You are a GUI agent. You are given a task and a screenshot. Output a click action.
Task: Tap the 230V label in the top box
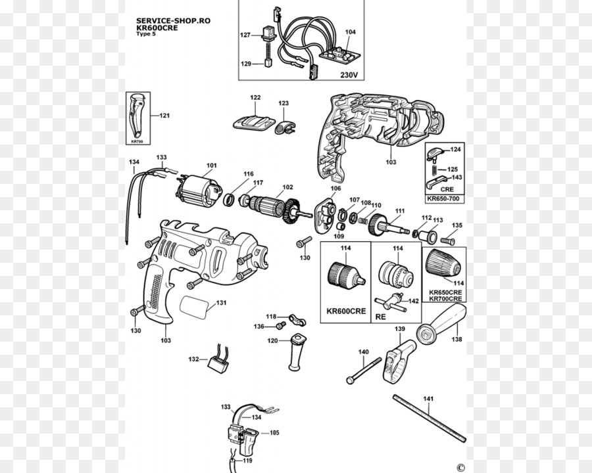[x=349, y=75]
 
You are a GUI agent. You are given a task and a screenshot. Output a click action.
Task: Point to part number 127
[x=245, y=35]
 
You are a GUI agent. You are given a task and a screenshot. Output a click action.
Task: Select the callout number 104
[x=350, y=32]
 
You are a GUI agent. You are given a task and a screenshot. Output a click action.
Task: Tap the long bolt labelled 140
[x=365, y=369]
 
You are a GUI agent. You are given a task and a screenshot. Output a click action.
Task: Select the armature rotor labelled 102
[x=270, y=206]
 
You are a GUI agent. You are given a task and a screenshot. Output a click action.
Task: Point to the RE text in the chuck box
[x=380, y=316]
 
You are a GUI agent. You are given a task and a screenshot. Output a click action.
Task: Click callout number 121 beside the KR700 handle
[x=164, y=116]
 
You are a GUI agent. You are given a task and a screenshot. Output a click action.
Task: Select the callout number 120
[x=272, y=340]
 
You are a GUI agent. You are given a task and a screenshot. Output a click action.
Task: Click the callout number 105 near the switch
[x=274, y=433]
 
